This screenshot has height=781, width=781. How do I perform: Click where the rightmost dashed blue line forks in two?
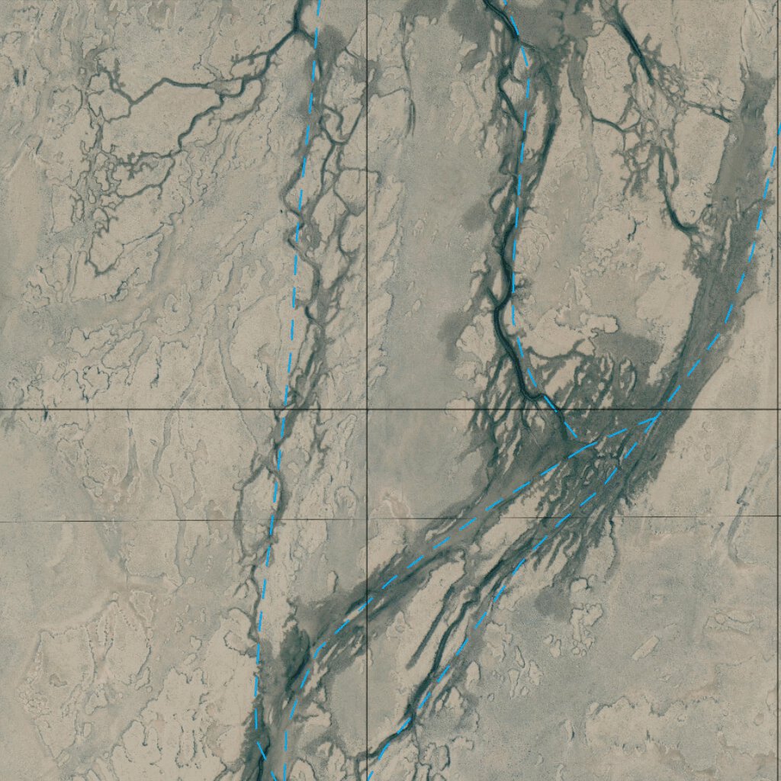coord(659,416)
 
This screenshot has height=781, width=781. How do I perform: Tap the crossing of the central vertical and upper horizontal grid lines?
coord(368,410)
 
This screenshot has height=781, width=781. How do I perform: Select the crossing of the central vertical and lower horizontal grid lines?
coord(368,520)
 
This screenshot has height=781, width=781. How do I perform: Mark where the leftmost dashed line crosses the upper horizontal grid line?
coord(284,410)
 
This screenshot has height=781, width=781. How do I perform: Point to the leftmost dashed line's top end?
coord(319,2)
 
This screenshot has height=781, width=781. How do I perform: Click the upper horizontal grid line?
coord(153,410)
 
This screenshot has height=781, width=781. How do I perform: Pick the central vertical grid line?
coord(368,229)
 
